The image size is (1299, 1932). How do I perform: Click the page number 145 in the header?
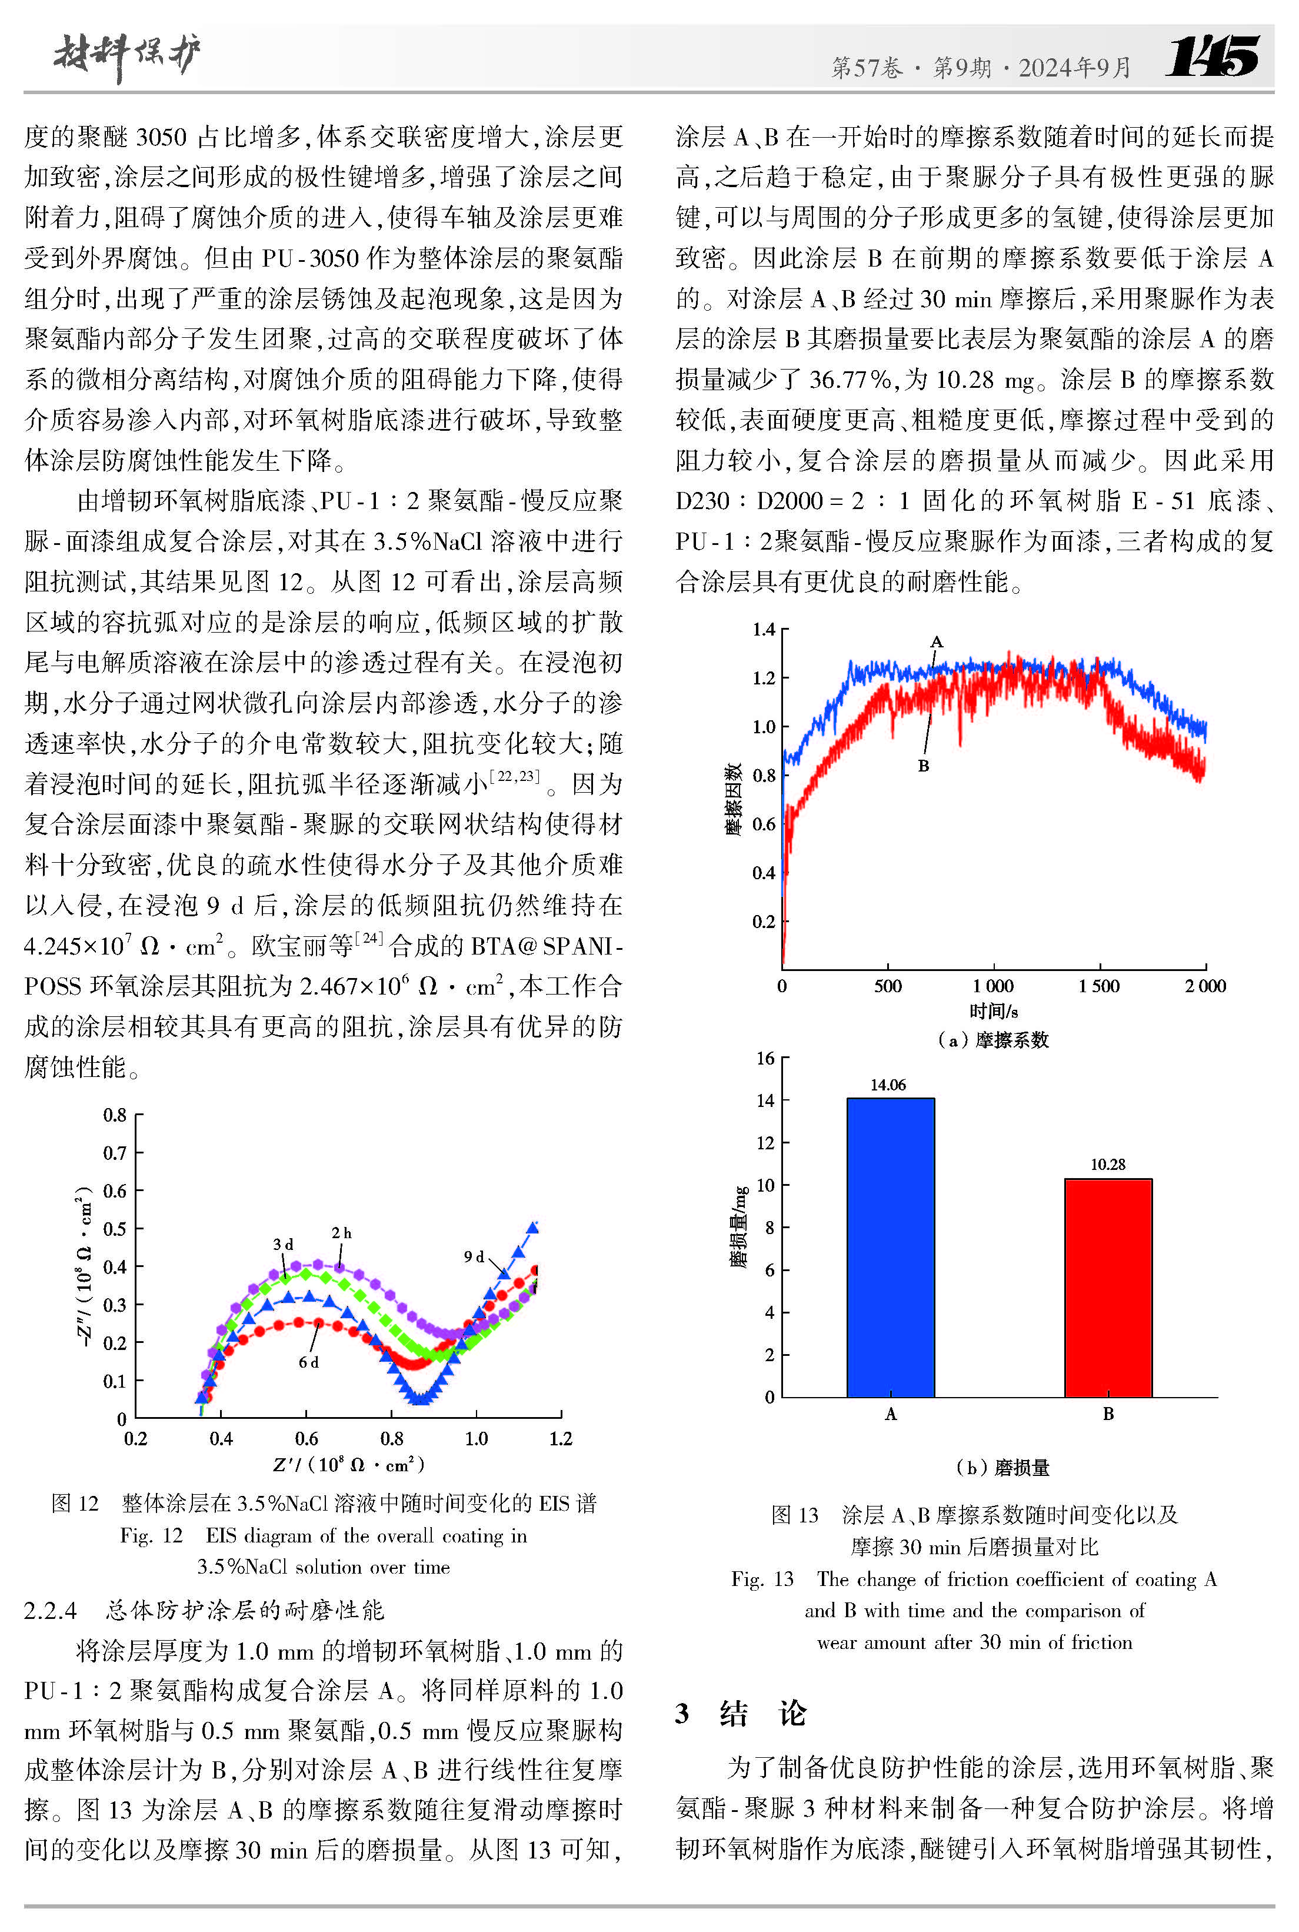pos(1212,56)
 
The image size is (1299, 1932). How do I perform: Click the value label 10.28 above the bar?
pos(1108,1165)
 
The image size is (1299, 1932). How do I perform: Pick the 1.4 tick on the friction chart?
pos(763,630)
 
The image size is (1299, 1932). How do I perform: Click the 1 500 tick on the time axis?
pos(1100,986)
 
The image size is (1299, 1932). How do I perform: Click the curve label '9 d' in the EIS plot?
pos(474,1257)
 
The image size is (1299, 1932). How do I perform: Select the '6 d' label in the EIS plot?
pos(308,1362)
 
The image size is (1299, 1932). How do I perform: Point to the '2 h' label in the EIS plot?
pos(341,1233)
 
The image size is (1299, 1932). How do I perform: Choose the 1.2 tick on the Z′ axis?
pos(561,1438)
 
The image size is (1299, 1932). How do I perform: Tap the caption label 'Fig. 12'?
pos(151,1535)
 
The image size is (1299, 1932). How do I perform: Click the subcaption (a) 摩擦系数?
pos(992,1040)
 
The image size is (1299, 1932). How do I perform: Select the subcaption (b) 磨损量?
pos(1002,1467)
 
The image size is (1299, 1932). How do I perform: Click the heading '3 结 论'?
pos(741,1712)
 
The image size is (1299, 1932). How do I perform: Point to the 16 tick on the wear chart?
pos(765,1058)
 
